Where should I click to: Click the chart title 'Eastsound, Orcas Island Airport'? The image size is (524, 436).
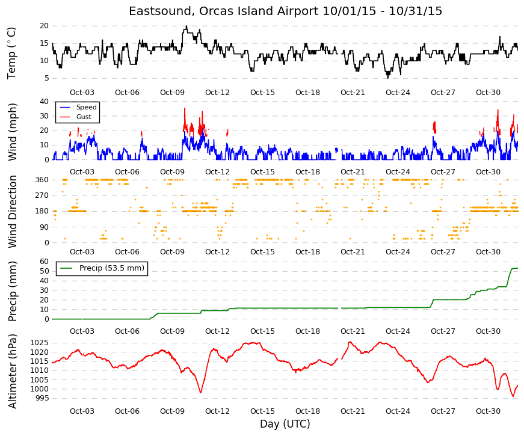coord(224,11)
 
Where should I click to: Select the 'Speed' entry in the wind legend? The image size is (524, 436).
coord(86,107)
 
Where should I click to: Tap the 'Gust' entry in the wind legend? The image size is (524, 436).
coord(84,117)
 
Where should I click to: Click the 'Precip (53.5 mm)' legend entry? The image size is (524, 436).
coord(112,268)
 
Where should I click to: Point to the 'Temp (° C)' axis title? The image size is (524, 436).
coord(11,53)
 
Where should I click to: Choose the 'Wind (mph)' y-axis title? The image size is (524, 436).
coord(12,132)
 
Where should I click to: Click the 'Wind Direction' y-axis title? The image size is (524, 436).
coord(12,212)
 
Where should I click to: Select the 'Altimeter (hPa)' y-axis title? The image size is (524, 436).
coord(12,371)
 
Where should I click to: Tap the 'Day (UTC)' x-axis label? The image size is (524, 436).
coord(285,424)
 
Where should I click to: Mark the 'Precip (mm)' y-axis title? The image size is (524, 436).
coord(12,291)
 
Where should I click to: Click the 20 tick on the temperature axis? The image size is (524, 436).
coord(44,26)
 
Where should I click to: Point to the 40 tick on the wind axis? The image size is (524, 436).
coord(44,102)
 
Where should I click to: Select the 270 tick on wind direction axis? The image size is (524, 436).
coord(42,195)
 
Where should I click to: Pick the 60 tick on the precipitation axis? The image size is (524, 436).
coord(44,262)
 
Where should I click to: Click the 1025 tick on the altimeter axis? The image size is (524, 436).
coord(40,343)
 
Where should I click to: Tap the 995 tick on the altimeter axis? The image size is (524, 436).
coord(42,398)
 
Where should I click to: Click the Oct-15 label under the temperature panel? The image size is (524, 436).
coord(262,93)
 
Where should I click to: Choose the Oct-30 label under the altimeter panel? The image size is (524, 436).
coord(488,411)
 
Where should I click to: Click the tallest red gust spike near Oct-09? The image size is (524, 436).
coord(185,108)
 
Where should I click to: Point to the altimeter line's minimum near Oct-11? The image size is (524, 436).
coord(200,392)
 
